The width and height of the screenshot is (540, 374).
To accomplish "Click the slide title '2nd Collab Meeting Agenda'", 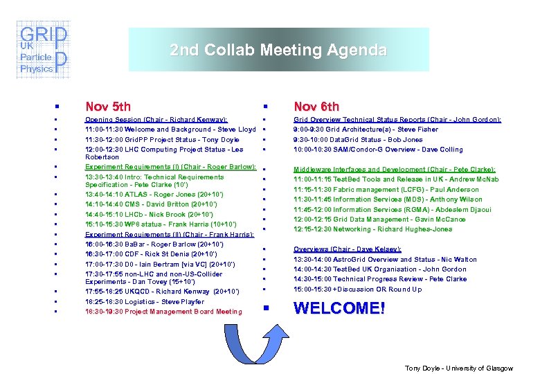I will [278, 51].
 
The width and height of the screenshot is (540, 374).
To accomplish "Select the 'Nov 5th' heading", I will [107, 106].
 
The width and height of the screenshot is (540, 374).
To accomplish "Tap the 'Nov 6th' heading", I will [316, 106].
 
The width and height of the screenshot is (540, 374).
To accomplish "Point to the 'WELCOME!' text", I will [339, 308].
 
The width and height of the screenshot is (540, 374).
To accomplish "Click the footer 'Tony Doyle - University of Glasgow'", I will [458, 368].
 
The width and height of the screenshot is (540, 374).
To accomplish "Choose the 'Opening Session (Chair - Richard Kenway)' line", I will [156, 120].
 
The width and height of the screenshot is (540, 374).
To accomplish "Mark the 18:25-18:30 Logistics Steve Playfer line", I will [145, 302].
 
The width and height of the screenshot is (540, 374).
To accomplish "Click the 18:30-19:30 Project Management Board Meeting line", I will [163, 312].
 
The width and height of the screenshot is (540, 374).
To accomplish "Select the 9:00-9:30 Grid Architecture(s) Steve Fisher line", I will [366, 130].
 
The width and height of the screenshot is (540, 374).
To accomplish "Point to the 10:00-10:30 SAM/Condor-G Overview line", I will [378, 149].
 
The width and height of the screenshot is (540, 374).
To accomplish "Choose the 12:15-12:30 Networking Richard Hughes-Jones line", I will [372, 229].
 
